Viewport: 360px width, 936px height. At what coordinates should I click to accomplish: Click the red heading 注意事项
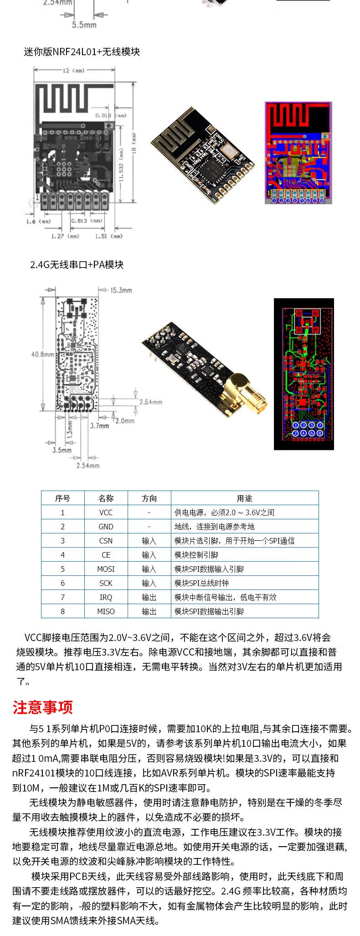[43, 707]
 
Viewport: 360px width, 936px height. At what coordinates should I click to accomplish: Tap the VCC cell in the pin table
[106, 512]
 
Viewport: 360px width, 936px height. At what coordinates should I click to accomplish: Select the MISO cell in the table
[106, 611]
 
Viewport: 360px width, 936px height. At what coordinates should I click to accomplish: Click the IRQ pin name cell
[106, 597]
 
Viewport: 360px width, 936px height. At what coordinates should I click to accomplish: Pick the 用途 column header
[244, 498]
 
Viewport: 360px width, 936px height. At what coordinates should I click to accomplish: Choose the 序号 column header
[62, 498]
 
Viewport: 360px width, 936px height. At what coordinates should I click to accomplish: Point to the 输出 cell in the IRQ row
[149, 597]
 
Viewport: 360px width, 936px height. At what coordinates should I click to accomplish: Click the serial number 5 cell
[62, 569]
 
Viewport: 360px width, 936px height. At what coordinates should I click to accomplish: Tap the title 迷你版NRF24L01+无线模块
[82, 52]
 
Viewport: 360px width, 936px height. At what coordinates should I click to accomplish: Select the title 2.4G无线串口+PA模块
[77, 264]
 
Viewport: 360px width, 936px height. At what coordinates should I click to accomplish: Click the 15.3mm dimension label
[121, 290]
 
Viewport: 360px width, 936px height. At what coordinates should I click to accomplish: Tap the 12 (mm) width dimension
[73, 71]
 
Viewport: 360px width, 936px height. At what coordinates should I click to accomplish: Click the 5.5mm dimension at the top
[84, 25]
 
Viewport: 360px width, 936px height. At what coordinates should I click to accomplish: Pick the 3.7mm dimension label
[99, 425]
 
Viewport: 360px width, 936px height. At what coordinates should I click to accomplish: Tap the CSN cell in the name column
[106, 541]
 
